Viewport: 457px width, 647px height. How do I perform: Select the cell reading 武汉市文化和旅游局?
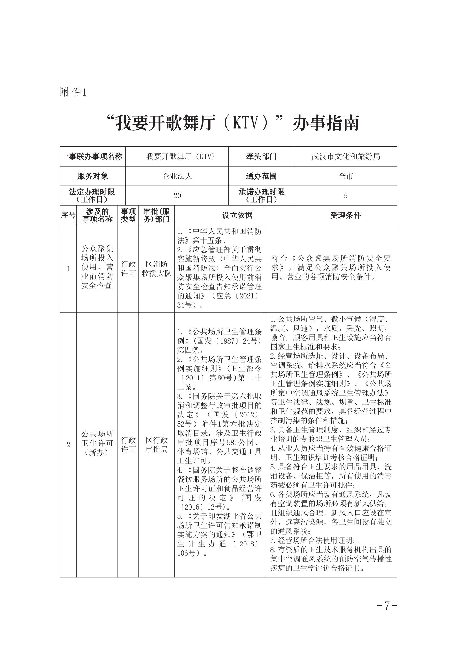pos(346,156)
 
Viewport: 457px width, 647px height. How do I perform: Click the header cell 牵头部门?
pos(261,156)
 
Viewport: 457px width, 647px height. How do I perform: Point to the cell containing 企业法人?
pos(177,176)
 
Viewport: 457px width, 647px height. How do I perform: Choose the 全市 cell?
pos(346,176)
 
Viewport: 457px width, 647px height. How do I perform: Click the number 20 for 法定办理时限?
pos(177,196)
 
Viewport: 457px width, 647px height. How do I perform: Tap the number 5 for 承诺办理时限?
pos(346,196)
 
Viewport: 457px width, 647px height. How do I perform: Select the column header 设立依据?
pos(237,215)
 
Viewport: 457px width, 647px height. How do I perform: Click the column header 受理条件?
pos(345,215)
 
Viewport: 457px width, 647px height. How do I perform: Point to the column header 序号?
pos(68,215)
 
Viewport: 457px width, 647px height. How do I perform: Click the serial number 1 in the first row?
pos(68,269)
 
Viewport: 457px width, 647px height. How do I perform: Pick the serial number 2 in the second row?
pos(68,445)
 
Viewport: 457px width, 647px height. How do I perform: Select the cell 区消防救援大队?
pos(156,269)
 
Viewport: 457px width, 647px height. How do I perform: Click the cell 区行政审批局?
pos(156,445)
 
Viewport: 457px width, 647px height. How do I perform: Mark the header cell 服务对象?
pos(93,176)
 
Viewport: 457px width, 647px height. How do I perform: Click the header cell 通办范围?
pos(261,176)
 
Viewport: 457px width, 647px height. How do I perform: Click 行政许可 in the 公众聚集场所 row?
pos(128,269)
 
